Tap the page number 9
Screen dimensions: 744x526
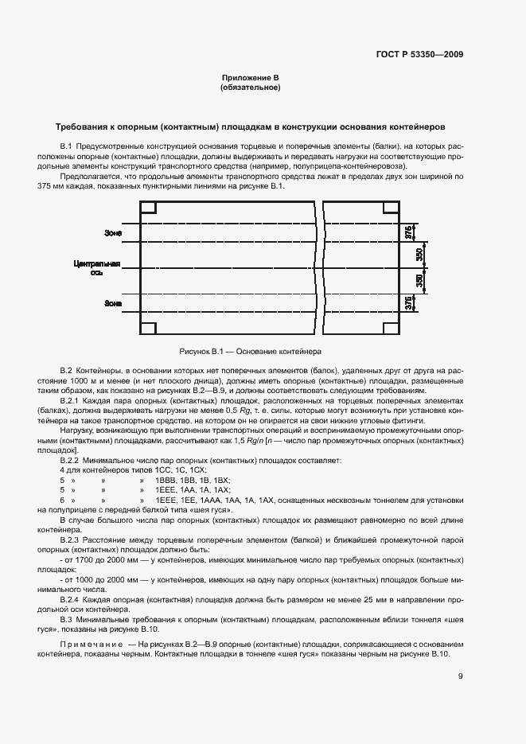click(461, 677)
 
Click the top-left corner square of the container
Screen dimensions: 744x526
click(148, 208)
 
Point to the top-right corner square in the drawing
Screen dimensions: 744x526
click(391, 208)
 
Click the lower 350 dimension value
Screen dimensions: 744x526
click(420, 281)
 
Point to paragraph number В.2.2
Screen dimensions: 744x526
click(71, 461)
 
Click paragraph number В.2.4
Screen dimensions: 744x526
click(71, 597)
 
